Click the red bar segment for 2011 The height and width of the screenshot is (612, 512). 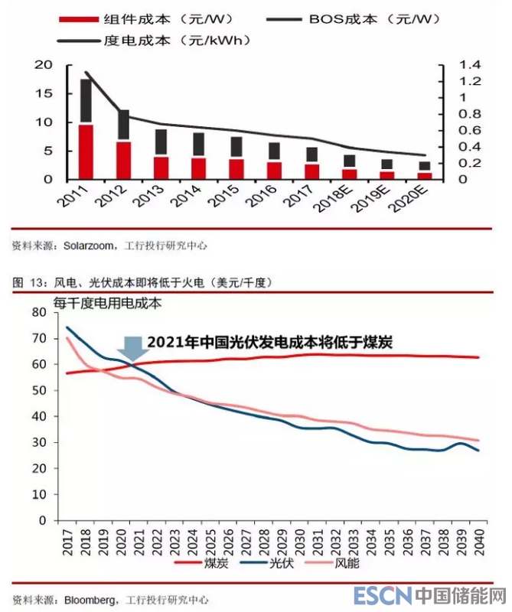[x=86, y=151]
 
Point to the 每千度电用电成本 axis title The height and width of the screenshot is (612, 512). [x=107, y=303]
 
